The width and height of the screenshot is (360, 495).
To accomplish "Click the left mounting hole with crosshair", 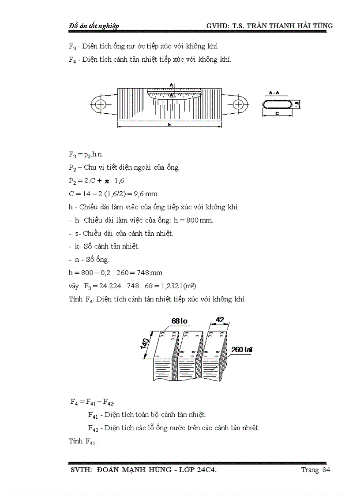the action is (x=101, y=104).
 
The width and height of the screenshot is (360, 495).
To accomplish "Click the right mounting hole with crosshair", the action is (x=239, y=104).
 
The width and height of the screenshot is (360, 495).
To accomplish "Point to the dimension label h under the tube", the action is (x=169, y=125).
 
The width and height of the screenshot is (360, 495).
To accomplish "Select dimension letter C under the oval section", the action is (x=276, y=114).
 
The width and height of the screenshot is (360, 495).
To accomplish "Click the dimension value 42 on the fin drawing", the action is (x=221, y=319).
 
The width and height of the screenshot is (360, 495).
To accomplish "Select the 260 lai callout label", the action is (x=242, y=350).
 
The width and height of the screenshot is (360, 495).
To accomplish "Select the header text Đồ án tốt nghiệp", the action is (x=94, y=26).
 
